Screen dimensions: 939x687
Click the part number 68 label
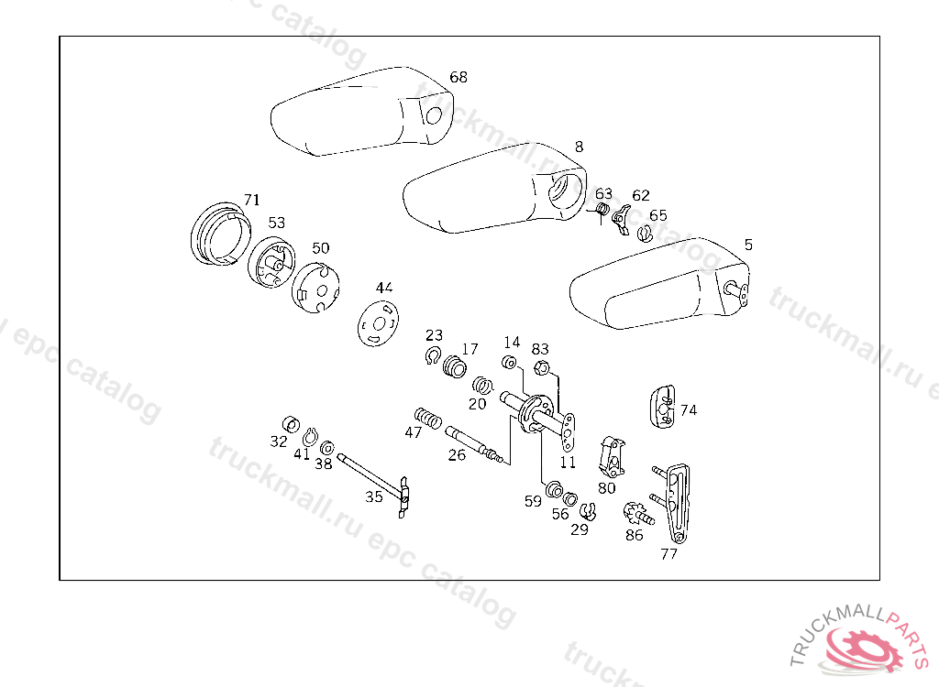pos(458,78)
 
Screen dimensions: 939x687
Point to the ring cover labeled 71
pos(221,234)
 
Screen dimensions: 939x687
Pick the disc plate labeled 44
pos(377,324)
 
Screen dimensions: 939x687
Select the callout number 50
pos(320,248)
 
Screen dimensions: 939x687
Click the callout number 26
pos(457,454)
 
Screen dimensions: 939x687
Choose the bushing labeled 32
pos(289,423)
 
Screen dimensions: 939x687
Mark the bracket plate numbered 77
pos(676,503)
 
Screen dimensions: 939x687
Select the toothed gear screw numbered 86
pos(635,513)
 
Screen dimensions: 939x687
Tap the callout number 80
pos(606,488)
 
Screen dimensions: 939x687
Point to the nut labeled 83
pos(542,368)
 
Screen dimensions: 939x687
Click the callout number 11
pos(569,462)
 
